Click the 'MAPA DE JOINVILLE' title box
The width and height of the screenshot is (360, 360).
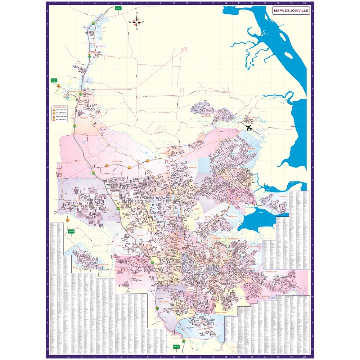pos(291,11)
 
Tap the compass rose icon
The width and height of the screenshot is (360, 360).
pos(136,22)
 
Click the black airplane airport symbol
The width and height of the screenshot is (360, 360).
pos(248,127)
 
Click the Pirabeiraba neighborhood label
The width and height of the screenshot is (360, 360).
pos(84,117)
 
